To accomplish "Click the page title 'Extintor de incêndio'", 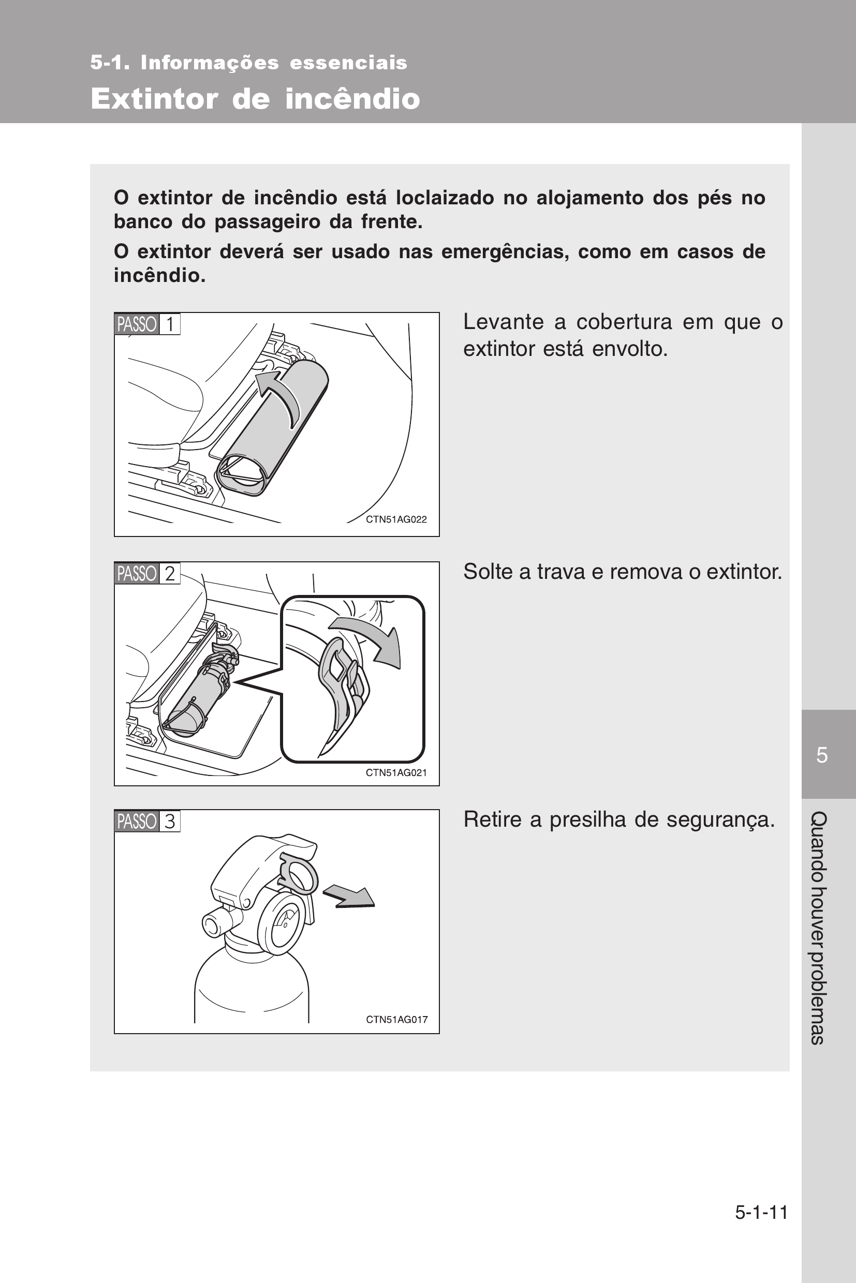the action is (255, 99).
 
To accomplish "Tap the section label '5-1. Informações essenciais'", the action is (249, 63).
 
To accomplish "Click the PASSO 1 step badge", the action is (147, 324).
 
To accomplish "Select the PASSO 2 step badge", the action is (147, 573).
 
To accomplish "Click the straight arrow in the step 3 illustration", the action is (349, 897).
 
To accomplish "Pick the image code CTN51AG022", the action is (396, 519).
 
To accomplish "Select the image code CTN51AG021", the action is (396, 773).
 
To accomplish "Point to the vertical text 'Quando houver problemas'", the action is (819, 928).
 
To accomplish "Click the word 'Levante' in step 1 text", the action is (504, 322).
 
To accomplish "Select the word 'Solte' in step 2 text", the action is (489, 571).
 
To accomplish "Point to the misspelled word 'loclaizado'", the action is (445, 198).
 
